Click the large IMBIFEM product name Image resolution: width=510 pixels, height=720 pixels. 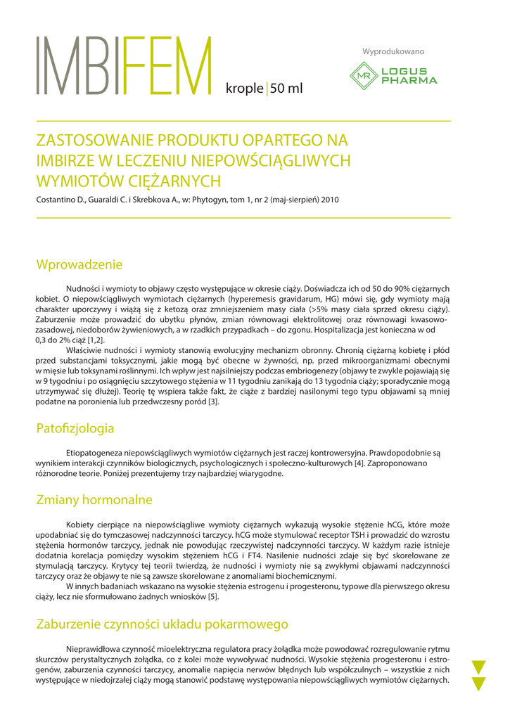click(x=124, y=66)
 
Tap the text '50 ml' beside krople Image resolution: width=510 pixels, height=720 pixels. click(x=286, y=89)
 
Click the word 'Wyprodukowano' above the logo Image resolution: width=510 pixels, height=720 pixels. click(x=393, y=51)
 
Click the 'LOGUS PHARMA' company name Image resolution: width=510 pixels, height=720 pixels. click(x=409, y=76)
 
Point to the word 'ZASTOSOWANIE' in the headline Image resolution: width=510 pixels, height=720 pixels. click(x=96, y=140)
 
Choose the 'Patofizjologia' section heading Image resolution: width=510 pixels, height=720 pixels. click(x=75, y=427)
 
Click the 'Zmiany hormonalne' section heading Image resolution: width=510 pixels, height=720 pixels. click(x=94, y=500)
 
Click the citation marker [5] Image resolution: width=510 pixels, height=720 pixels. click(x=212, y=597)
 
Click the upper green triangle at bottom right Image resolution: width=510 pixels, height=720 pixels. click(x=479, y=667)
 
